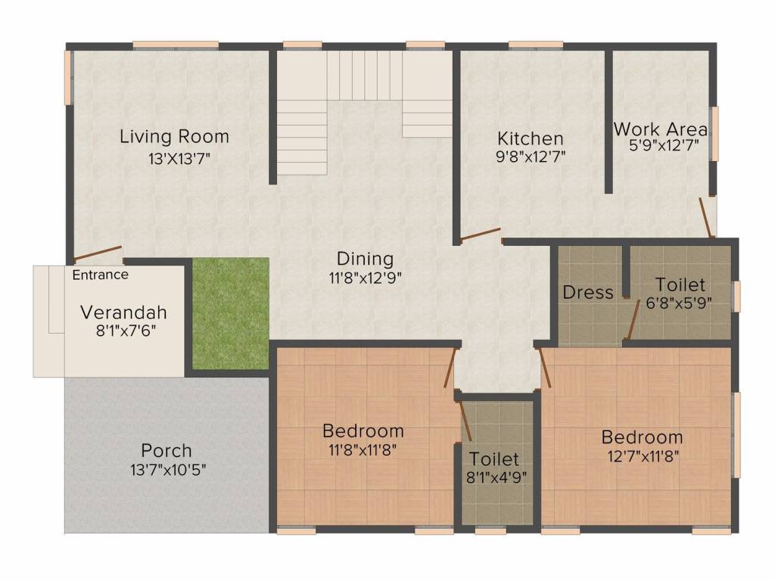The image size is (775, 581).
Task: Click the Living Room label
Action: click(x=175, y=136)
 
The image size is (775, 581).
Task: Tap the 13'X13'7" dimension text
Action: click(x=179, y=159)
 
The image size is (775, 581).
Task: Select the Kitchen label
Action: click(x=531, y=138)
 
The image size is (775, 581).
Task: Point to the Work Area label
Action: click(x=661, y=129)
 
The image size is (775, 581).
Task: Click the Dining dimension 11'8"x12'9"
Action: click(x=366, y=278)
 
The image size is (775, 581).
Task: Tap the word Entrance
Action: click(x=101, y=275)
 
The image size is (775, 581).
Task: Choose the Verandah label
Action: click(x=123, y=312)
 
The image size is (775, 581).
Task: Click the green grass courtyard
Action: click(x=230, y=313)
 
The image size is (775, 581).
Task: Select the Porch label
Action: click(x=167, y=451)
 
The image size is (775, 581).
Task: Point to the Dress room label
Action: click(x=587, y=293)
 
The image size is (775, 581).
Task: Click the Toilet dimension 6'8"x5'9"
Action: click(x=679, y=303)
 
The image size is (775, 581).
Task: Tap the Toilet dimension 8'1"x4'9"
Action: click(x=496, y=478)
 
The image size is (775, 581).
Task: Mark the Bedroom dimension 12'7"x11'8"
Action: click(x=643, y=456)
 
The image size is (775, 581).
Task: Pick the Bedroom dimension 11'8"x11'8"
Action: click(x=363, y=449)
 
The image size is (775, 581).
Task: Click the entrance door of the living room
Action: click(x=98, y=253)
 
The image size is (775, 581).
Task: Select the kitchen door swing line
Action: click(x=481, y=235)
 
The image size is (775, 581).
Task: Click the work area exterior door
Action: click(x=705, y=218)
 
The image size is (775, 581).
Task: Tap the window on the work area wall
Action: click(x=714, y=133)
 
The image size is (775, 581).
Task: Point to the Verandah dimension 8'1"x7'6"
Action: click(x=126, y=331)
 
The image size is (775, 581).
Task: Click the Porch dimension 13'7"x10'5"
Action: click(x=168, y=469)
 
